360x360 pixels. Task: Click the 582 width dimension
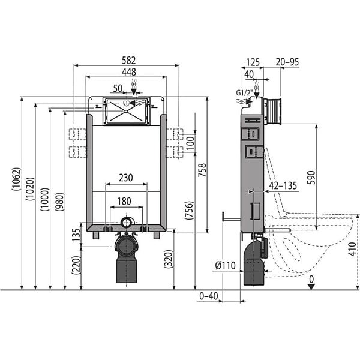coord(128,61)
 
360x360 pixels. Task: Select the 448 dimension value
coord(129,72)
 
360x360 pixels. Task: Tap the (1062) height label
coord(17,179)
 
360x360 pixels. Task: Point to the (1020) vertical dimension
coord(30,189)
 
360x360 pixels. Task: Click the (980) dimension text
coord(59,202)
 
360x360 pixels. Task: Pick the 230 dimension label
coord(126,178)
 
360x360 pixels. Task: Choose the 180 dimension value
coord(124,202)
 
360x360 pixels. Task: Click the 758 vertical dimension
coord(202,170)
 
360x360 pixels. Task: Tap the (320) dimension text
coord(168,259)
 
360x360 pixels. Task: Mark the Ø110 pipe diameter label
coord(226,266)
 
